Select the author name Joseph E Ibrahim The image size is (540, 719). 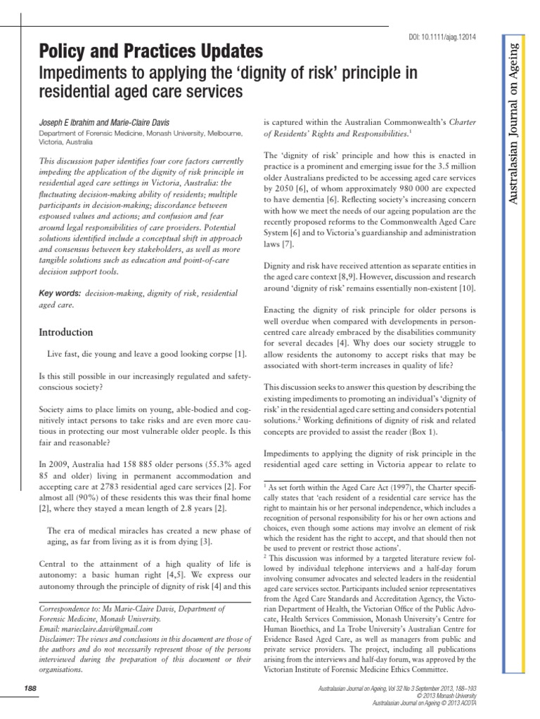point(70,123)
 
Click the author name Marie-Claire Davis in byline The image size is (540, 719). point(143,123)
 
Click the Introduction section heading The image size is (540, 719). point(65,331)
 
